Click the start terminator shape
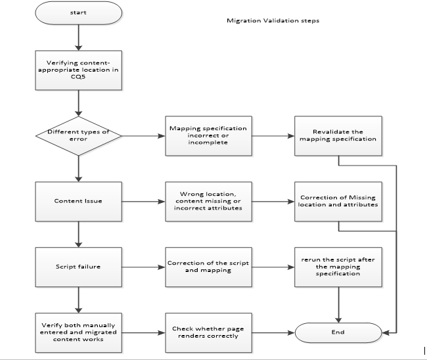(x=79, y=12)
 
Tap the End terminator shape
(x=338, y=332)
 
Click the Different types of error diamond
(x=78, y=136)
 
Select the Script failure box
(x=79, y=267)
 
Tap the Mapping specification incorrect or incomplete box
(x=208, y=136)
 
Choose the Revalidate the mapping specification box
(x=338, y=136)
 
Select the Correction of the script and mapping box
(x=208, y=267)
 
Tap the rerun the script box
(x=338, y=267)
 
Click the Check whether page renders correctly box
(x=208, y=332)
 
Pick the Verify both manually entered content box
(x=79, y=332)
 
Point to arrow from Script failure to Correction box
(x=143, y=267)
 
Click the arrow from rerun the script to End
(x=338, y=303)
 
